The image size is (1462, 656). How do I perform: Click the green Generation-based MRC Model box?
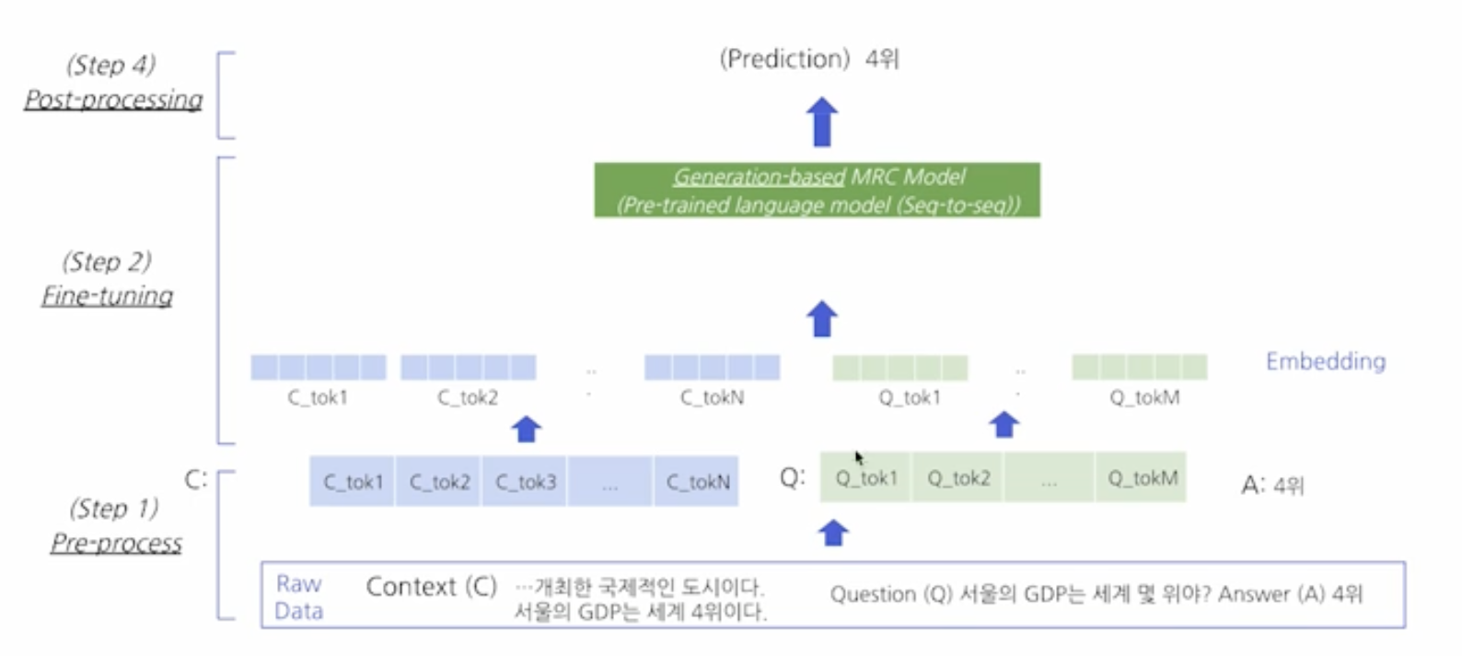817,190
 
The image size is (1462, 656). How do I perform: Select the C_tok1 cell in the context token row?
353,481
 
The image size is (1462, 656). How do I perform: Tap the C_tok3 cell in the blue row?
525,481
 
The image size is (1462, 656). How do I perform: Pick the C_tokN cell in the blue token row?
697,481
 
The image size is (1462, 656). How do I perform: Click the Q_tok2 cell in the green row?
957,477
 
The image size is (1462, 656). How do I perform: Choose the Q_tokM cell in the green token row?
1142,477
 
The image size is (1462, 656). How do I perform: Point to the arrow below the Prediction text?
822,122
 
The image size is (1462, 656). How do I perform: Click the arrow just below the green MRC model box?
822,319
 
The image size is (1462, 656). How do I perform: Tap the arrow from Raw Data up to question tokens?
833,533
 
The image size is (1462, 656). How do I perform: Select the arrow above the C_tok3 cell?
527,428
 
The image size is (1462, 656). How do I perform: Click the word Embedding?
1325,361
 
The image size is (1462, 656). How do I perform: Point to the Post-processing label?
113,100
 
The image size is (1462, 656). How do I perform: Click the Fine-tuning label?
107,296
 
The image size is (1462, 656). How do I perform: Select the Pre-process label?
116,544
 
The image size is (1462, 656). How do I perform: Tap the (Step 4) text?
110,64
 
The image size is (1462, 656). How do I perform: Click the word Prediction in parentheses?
784,59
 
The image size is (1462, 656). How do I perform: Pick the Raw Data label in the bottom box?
298,597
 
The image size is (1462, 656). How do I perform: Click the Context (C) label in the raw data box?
431,587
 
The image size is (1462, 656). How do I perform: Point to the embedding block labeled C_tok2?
469,368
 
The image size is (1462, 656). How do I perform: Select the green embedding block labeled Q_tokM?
1139,368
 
